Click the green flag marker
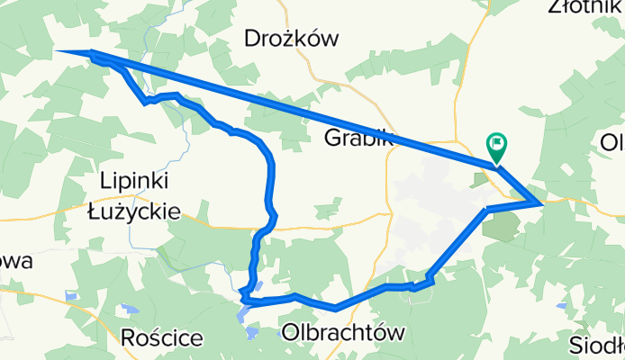point(496,146)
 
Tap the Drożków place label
point(291,39)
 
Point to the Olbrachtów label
point(341,332)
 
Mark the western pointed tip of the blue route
point(60,51)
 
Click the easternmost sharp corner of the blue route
point(540,204)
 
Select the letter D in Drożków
point(253,39)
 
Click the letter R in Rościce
point(128,337)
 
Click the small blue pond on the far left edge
point(70,296)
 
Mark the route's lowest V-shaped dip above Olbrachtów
point(335,308)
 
